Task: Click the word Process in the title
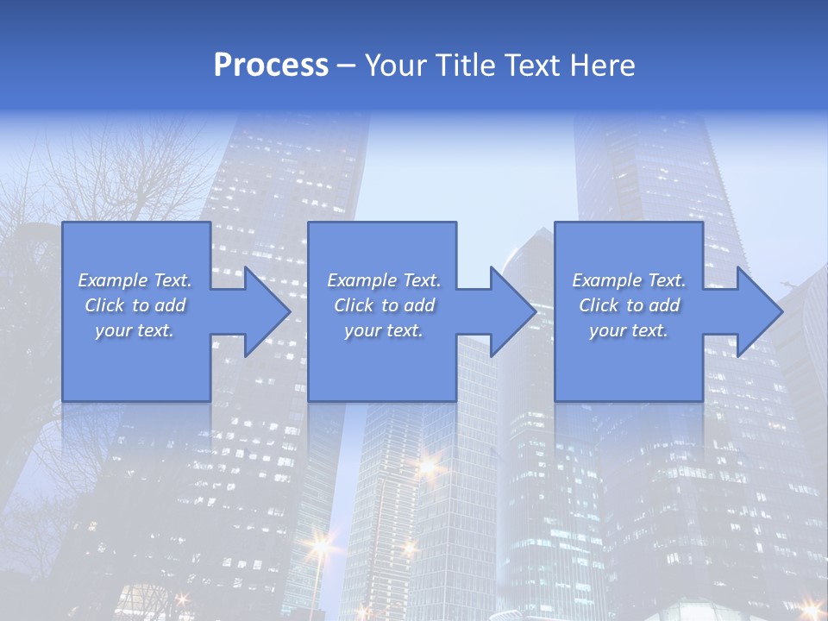tap(271, 66)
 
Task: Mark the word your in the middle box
tap(361, 330)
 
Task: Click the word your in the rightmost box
tap(606, 330)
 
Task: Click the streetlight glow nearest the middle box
tap(427, 466)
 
